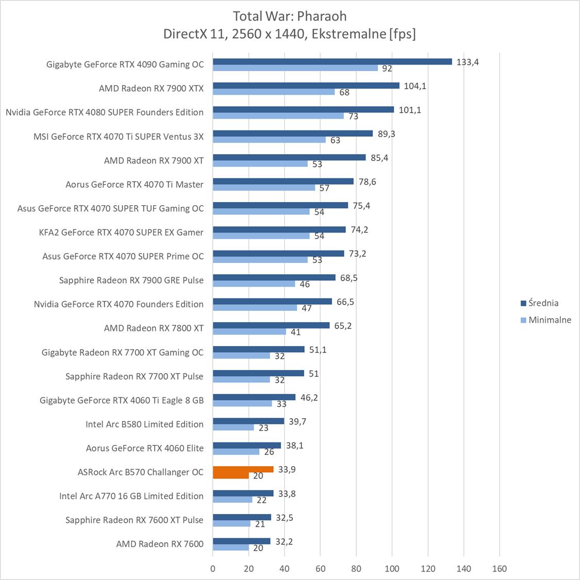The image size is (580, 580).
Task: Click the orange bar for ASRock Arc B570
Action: coord(243,470)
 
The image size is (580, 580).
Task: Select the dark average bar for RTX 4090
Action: coord(332,61)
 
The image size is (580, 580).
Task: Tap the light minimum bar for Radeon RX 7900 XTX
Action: coord(274,92)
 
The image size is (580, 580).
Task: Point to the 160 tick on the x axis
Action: coord(499,569)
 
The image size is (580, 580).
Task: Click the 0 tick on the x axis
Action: coord(213,569)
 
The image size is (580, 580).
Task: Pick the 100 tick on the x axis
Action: coord(392,569)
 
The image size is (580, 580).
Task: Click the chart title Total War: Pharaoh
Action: coord(289,15)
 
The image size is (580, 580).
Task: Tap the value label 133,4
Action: coord(468,62)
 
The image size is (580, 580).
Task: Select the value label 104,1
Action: coord(415,86)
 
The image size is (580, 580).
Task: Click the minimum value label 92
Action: coord(387,68)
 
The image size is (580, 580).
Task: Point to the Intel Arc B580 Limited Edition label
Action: coord(144,424)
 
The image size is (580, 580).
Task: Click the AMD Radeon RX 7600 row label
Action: coord(160,544)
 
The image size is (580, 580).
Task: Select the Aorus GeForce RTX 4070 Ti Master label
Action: coord(135,185)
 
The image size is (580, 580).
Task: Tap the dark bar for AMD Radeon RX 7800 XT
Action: coord(271,325)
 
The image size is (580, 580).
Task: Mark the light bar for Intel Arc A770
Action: coord(233,500)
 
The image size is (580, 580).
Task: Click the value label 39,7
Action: coord(297,422)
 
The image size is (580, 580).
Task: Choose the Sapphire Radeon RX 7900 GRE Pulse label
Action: coord(131,280)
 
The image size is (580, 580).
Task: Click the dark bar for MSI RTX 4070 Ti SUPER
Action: coord(292,134)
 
